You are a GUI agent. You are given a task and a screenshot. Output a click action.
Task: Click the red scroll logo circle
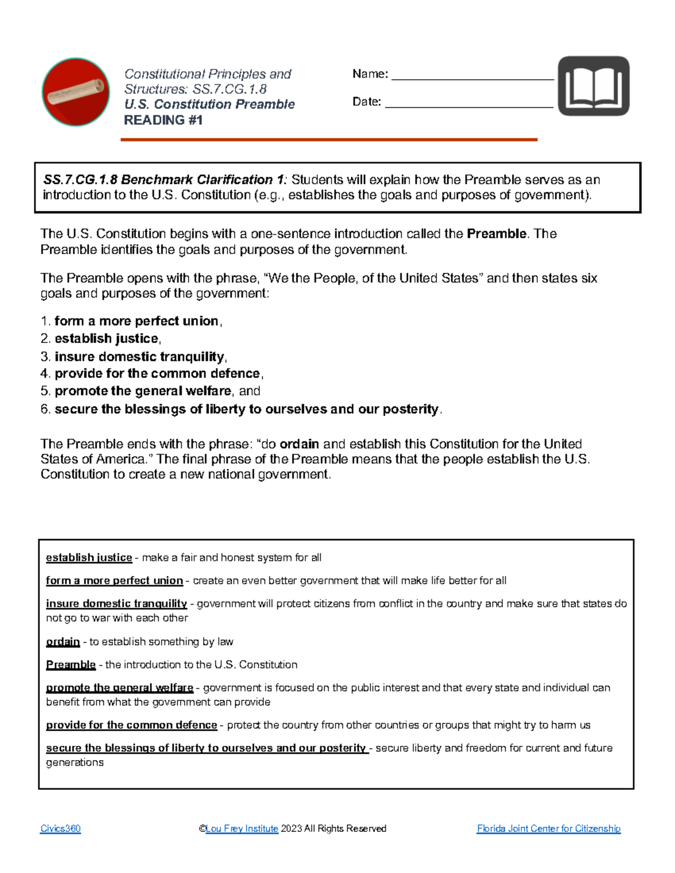coord(76,92)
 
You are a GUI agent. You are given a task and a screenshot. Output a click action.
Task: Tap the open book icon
coord(593,86)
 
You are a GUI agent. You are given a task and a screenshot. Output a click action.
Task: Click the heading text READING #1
coord(163,120)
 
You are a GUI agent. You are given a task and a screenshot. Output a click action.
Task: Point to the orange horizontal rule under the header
coord(328,139)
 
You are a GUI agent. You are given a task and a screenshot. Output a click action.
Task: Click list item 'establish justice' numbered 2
coord(106,338)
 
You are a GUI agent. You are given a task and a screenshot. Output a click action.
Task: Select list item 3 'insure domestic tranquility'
coord(139,356)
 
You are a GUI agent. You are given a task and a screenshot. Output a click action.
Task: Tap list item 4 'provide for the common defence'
coord(157,374)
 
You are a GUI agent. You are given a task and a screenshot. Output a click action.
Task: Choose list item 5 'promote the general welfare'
coord(142,391)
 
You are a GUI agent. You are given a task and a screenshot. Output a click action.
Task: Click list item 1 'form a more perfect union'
coord(136,321)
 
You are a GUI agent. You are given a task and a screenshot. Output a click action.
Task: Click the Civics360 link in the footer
coord(60,829)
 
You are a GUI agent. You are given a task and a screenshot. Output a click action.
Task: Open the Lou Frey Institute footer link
coord(242,829)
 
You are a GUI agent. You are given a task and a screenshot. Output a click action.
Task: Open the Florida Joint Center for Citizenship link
coord(548,829)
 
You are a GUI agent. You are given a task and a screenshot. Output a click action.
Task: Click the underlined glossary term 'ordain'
coord(63,641)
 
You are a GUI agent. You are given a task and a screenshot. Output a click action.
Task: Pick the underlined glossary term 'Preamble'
coord(71,664)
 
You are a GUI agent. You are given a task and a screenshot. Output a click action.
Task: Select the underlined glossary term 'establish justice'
coord(89,558)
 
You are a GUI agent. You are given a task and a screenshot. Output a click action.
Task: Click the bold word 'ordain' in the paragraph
coord(299,444)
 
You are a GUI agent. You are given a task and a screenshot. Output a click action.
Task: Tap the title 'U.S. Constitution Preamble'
coord(209,105)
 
